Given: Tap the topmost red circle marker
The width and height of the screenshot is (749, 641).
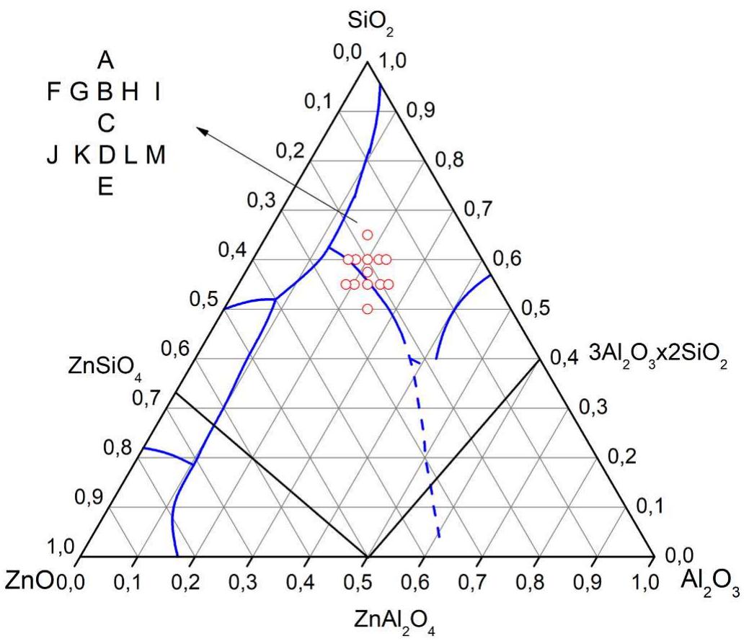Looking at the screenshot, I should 368,235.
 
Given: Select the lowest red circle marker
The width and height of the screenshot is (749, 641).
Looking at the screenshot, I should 368,309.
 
